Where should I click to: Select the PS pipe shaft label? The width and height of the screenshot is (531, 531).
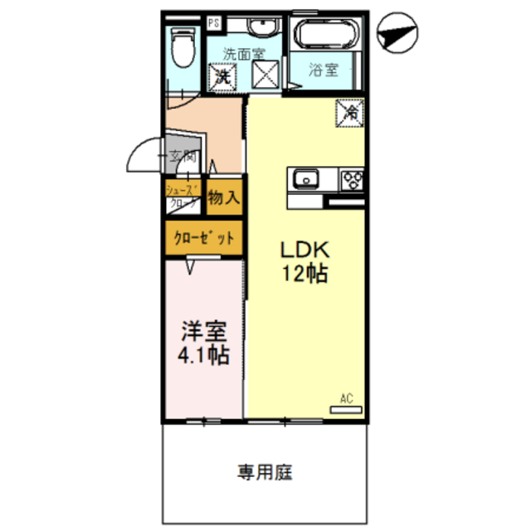pos(214,23)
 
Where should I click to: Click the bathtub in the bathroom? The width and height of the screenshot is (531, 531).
pos(326,37)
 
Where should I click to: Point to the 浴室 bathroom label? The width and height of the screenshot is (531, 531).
pos(324,70)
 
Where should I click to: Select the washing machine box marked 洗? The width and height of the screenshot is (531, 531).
pos(222,76)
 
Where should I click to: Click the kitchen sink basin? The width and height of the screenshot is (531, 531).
pos(305,178)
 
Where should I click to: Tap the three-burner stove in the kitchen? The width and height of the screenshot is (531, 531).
pos(351,178)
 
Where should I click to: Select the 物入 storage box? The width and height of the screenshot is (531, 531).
pos(224,197)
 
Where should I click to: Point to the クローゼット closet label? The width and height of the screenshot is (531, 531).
pos(203,238)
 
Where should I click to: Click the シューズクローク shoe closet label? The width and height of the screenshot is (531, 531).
pos(183,196)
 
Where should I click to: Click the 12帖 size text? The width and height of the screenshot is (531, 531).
pos(304,274)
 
